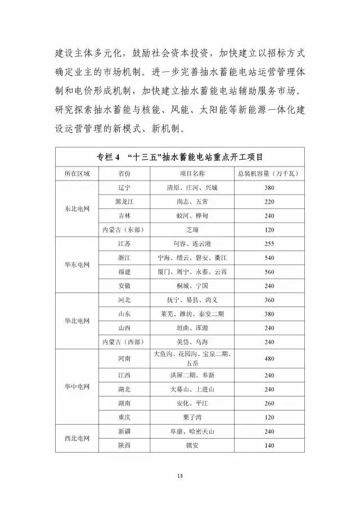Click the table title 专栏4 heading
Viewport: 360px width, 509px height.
click(179, 156)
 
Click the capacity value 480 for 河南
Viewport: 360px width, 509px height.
click(268, 358)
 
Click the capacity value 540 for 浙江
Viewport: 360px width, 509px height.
click(268, 258)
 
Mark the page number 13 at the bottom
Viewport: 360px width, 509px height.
click(180, 477)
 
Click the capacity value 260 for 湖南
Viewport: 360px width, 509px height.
click(268, 403)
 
